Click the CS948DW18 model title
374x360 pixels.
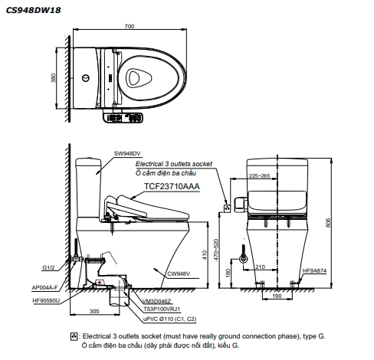pos(33,10)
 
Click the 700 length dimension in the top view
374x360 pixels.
pos(130,26)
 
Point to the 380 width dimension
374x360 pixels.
pos(53,78)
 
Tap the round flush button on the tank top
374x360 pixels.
pos(86,78)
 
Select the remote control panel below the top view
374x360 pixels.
pos(123,117)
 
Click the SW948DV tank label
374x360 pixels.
pos(127,153)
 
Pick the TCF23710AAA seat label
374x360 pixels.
pos(172,186)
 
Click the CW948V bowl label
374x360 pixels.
pos(179,273)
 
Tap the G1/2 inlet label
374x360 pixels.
pos(48,268)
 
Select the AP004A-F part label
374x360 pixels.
pos(45,288)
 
